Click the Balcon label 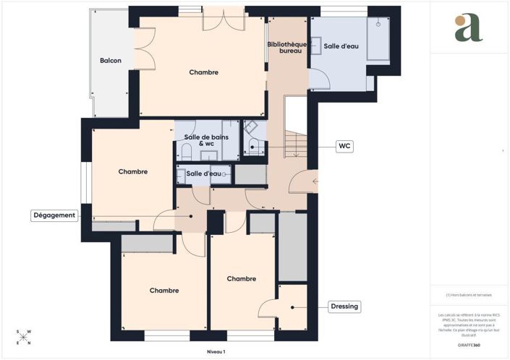coord(110,61)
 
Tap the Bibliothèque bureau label coord(286,48)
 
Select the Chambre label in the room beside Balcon coord(203,72)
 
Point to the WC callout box coord(345,145)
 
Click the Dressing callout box coord(344,307)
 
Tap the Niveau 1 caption coord(216,351)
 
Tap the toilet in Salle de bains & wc coord(186,152)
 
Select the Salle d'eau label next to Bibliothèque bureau coord(341,46)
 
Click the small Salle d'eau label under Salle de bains coord(203,173)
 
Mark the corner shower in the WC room coord(254,129)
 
